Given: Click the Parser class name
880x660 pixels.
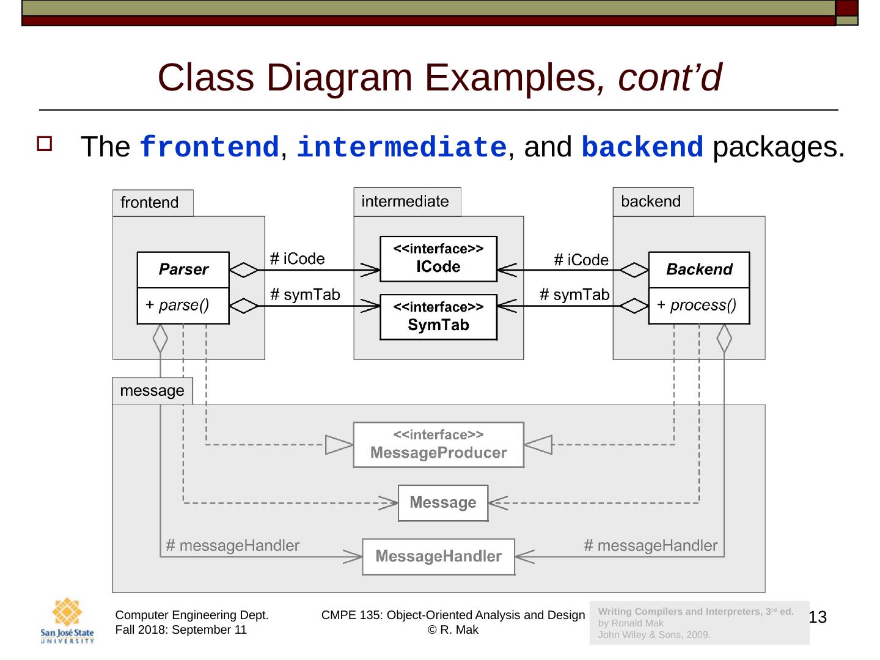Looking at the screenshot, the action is click(x=183, y=269).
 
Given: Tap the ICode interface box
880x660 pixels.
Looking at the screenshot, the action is click(x=438, y=258).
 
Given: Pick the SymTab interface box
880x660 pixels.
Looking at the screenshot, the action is click(x=438, y=317).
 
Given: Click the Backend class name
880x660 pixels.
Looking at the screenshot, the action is click(x=698, y=269).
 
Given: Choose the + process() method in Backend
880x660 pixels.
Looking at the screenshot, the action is click(x=697, y=305).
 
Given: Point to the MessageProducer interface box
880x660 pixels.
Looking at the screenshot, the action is click(x=438, y=444).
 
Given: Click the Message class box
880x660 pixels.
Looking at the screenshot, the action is click(x=442, y=502).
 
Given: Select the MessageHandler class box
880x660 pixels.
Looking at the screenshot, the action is click(x=438, y=556).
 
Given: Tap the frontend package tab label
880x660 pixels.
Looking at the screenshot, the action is click(x=150, y=202).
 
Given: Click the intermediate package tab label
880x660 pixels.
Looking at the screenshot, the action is click(x=405, y=201).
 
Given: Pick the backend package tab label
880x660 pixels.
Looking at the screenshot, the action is click(x=651, y=201).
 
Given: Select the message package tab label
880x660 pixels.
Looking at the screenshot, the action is click(x=152, y=391).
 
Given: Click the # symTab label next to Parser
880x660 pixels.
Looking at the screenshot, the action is click(x=305, y=295).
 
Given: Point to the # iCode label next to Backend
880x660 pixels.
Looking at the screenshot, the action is click(x=581, y=260).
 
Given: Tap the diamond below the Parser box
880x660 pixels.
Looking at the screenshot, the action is click(x=160, y=338).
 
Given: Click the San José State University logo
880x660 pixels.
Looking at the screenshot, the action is click(x=67, y=620).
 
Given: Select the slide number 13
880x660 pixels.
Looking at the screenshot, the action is click(x=818, y=617).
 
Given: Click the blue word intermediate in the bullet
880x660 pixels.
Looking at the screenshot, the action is click(x=402, y=147).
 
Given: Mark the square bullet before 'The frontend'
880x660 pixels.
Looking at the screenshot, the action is click(x=45, y=144).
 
